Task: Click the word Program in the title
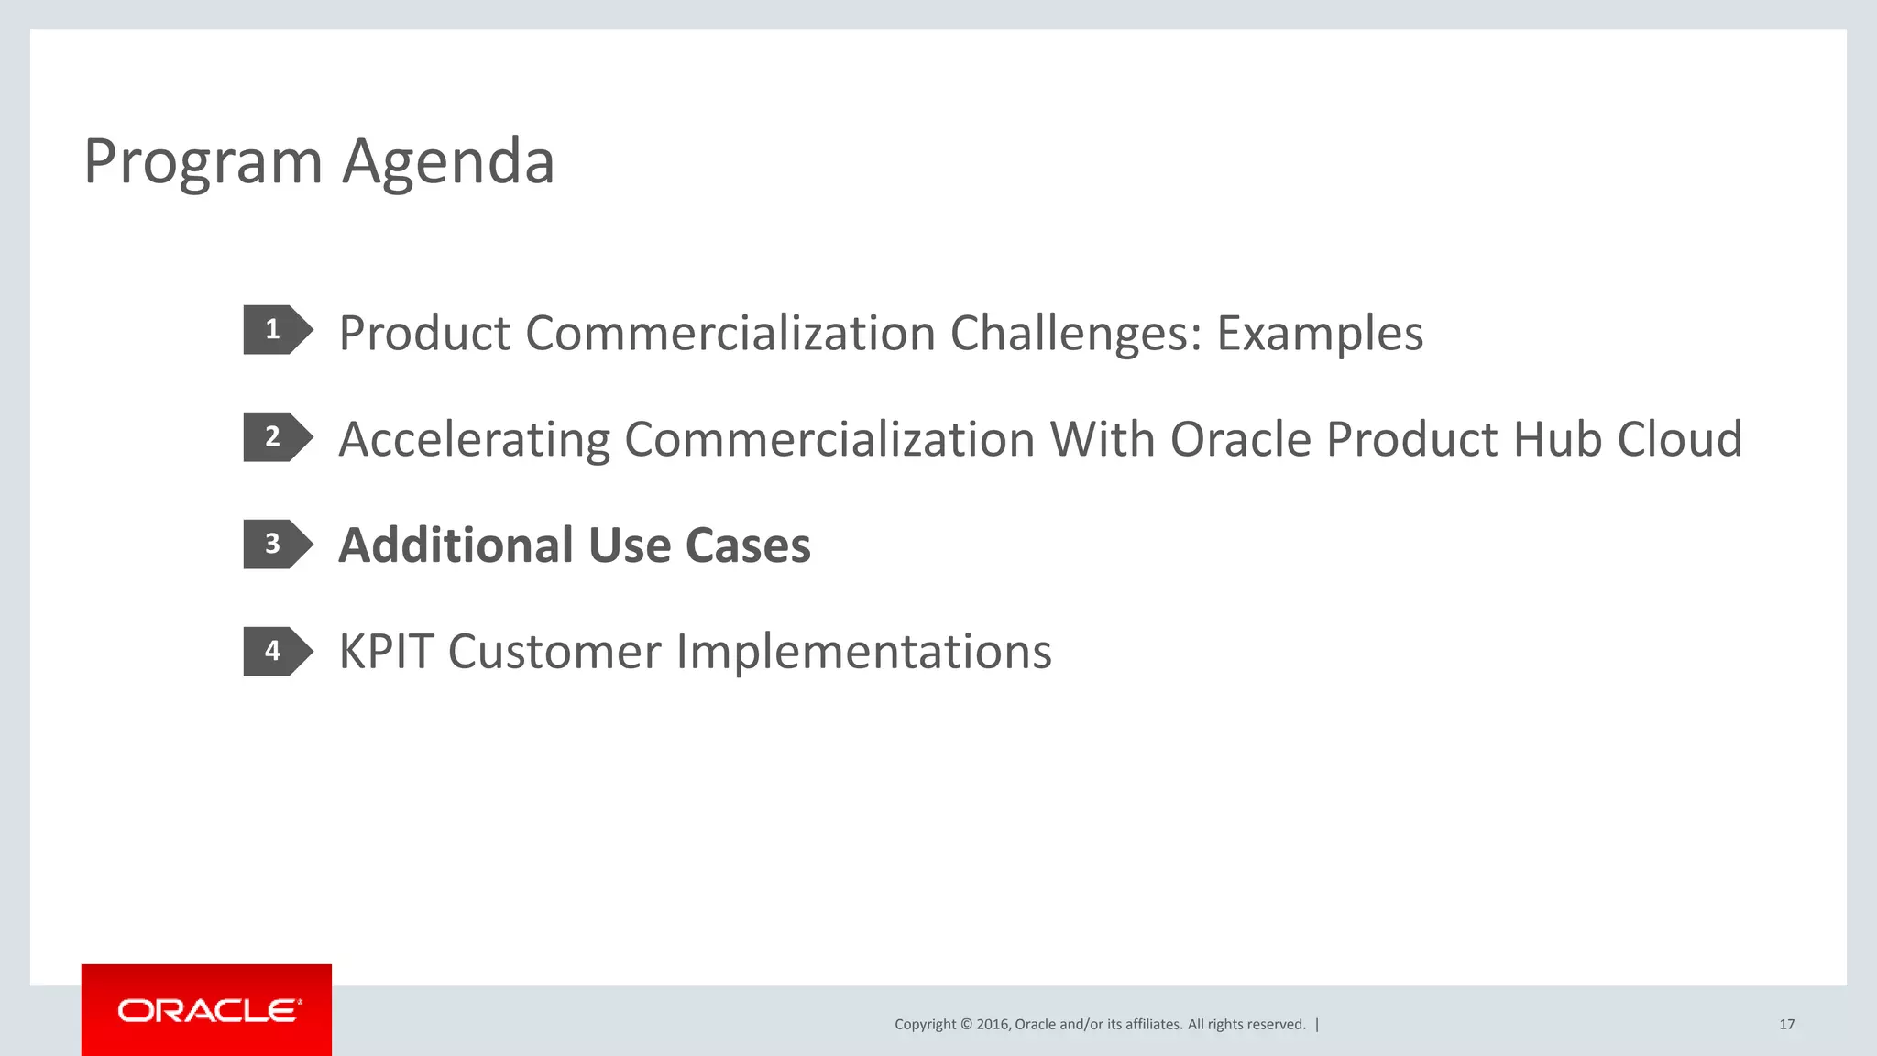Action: click(203, 162)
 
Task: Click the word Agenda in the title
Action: click(448, 162)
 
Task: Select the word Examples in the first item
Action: click(1320, 333)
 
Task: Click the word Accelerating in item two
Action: click(474, 439)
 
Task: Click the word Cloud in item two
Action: click(1679, 439)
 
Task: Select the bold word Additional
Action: click(455, 545)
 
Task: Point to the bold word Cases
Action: click(748, 545)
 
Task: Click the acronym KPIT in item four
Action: click(386, 652)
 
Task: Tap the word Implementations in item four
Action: click(863, 652)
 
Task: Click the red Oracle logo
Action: click(207, 1010)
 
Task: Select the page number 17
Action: click(1786, 1025)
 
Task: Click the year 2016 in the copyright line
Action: click(993, 1025)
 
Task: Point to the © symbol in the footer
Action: click(966, 1025)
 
